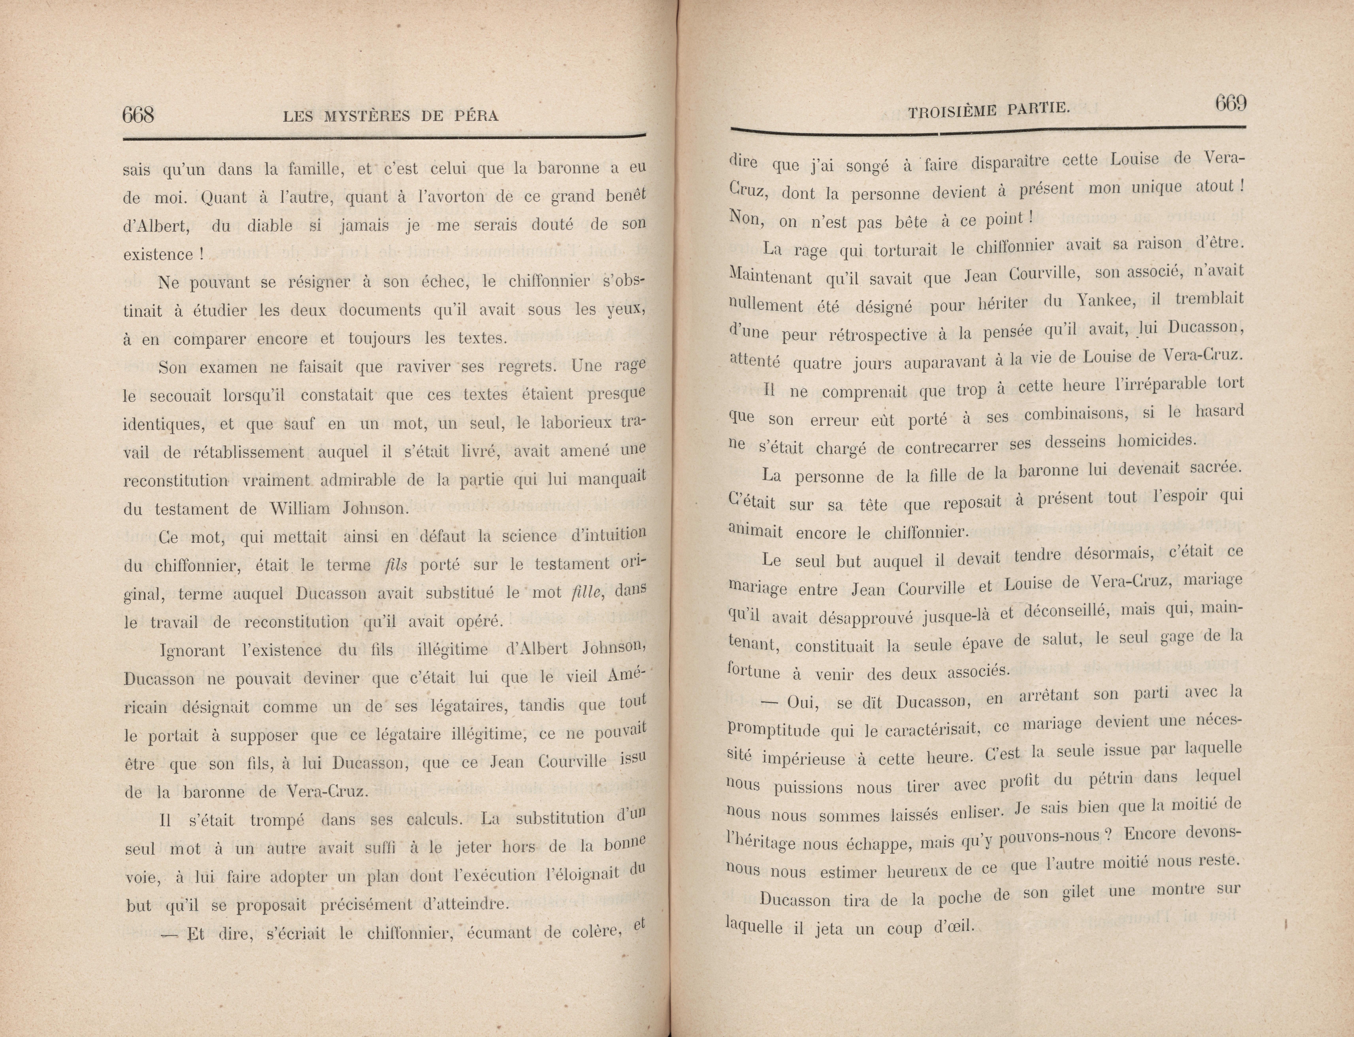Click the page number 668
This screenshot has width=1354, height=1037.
[138, 115]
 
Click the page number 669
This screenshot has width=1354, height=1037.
[1231, 103]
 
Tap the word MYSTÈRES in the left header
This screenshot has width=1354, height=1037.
[366, 116]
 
